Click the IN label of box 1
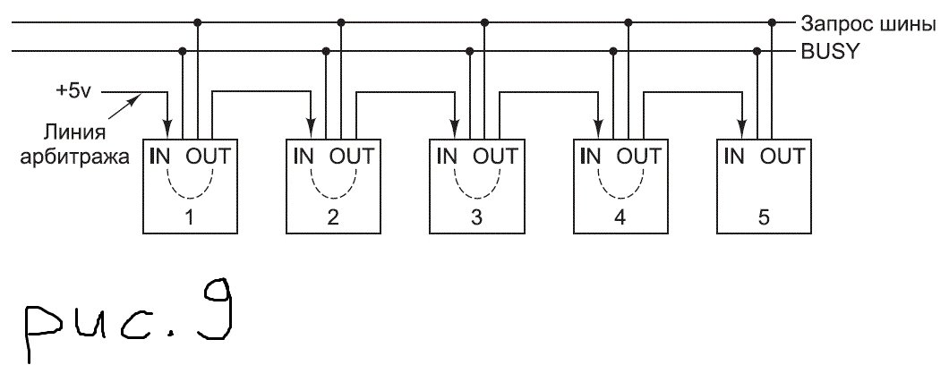pos(161,156)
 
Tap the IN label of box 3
pos(447,156)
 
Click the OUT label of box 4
pos(639,156)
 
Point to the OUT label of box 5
pos(782,156)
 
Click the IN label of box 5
pos(734,156)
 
